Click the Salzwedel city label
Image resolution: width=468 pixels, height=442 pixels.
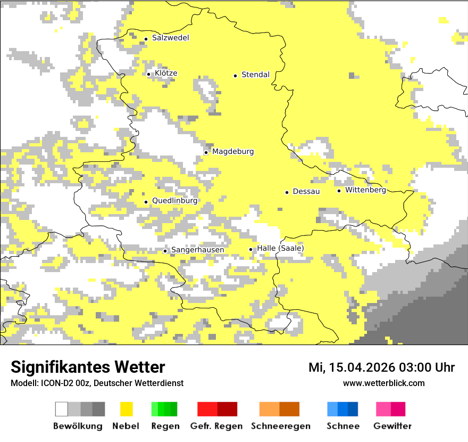pyautogui.click(x=170, y=38)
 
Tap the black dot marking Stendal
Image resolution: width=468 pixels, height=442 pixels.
pyautogui.click(x=235, y=75)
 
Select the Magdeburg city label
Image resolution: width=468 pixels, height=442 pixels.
pyautogui.click(x=233, y=152)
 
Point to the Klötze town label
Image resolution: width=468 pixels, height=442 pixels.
pyautogui.click(x=166, y=73)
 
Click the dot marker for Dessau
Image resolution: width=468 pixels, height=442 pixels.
pyautogui.click(x=287, y=192)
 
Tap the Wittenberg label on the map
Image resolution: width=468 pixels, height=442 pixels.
pyautogui.click(x=365, y=190)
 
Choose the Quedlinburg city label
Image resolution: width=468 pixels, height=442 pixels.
pyautogui.click(x=174, y=201)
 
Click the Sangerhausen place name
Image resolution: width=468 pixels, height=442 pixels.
pyautogui.click(x=197, y=250)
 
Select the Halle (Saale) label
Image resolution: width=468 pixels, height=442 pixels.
pyautogui.click(x=280, y=249)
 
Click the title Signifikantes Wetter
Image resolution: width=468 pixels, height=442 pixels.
pyautogui.click(x=88, y=367)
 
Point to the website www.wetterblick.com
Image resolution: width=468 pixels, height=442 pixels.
pyautogui.click(x=383, y=383)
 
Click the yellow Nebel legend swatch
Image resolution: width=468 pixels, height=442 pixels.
pyautogui.click(x=126, y=409)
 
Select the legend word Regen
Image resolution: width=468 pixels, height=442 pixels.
pyautogui.click(x=164, y=426)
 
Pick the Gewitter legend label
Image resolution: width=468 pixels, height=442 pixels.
pyautogui.click(x=392, y=426)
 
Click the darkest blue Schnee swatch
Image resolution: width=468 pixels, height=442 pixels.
pyautogui.click(x=353, y=409)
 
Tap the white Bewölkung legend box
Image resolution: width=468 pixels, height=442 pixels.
pyautogui.click(x=62, y=409)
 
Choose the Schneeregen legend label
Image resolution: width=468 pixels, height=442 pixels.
pyautogui.click(x=280, y=426)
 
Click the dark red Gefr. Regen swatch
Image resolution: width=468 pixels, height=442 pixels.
pyautogui.click(x=228, y=409)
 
